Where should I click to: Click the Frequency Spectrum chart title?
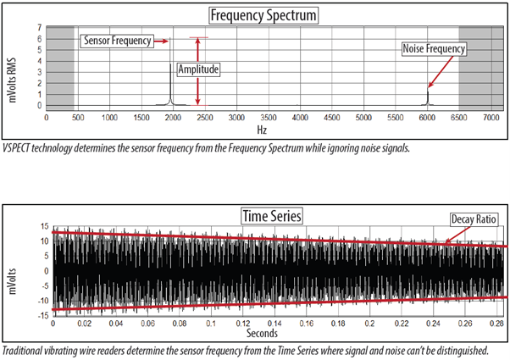coord(263,15)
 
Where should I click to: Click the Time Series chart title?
coord(272,216)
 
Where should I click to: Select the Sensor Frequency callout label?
coord(117,41)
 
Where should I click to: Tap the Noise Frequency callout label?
coord(434,49)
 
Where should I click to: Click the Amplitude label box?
coord(198,69)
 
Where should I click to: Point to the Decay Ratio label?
coord(474,219)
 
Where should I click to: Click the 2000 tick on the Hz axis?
coord(173,118)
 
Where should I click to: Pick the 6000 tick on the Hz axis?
coord(427,118)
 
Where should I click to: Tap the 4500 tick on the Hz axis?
coord(332,118)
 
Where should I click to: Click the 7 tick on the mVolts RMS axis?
coord(39,28)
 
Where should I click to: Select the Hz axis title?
coord(262,130)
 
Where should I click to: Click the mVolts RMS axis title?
coord(13,80)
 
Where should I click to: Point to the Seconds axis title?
coord(262,333)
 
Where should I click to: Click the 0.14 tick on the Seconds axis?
coord(274,324)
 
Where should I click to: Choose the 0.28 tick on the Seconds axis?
coord(496,324)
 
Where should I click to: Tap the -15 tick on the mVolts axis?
coord(43,315)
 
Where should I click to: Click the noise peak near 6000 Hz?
coord(428,98)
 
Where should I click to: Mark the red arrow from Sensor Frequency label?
coord(161,41)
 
